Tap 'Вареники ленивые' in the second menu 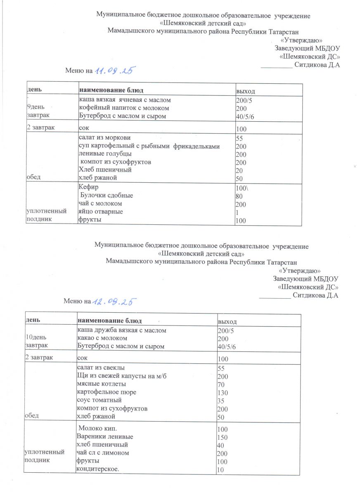tap(105, 436)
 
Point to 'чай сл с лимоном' tap(103, 453)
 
